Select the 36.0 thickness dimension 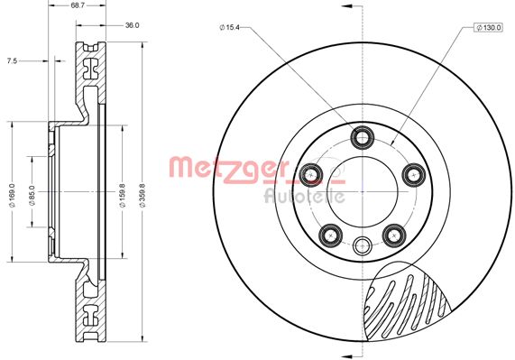(x=132, y=25)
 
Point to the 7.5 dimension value (x=11, y=61)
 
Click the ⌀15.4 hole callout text (x=233, y=29)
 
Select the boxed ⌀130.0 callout (x=488, y=29)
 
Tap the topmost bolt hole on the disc (x=363, y=137)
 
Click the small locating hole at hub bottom (x=363, y=244)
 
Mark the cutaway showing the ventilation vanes (x=406, y=307)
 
